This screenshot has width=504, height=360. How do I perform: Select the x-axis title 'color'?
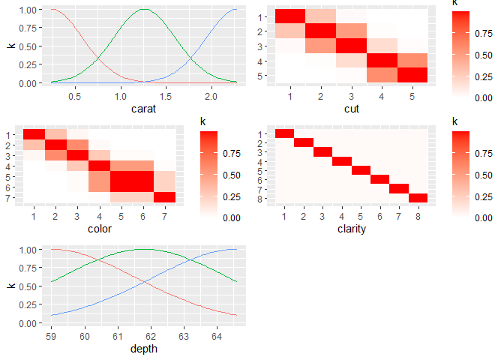100,228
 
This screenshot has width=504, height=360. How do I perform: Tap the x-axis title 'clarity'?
352,228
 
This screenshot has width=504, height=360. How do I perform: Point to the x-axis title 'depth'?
143,349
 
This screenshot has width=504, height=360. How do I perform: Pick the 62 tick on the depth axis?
151,337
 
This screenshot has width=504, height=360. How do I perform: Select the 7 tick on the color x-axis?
165,217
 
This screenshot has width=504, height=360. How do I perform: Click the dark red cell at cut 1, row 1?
290,17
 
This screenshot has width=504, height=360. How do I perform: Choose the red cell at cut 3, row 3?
352,46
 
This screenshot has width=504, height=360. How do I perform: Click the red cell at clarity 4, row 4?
342,161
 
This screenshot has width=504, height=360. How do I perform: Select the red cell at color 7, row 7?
165,197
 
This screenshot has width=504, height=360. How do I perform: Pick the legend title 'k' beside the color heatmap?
203,121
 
